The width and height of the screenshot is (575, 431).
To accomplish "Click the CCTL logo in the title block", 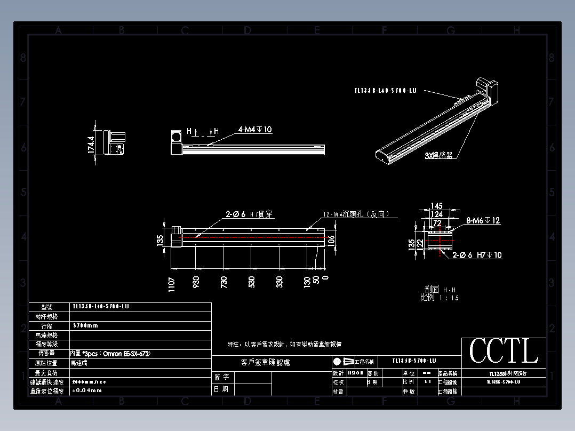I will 504,351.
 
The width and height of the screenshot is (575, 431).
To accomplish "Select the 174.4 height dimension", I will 91,145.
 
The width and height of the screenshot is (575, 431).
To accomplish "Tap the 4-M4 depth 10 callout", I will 255,130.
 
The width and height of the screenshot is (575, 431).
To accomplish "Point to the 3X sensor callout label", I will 438,155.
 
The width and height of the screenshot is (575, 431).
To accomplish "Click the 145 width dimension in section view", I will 437,206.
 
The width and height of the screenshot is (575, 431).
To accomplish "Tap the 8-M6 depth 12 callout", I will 483,220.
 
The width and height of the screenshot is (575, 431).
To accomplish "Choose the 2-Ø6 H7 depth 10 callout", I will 477,255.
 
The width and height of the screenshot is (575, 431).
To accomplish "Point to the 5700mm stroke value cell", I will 86,325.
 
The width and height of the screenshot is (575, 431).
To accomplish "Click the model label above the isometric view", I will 385,91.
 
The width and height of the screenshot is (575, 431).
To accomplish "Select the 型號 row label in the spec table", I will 47,307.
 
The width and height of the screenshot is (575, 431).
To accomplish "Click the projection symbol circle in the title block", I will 337,361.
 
